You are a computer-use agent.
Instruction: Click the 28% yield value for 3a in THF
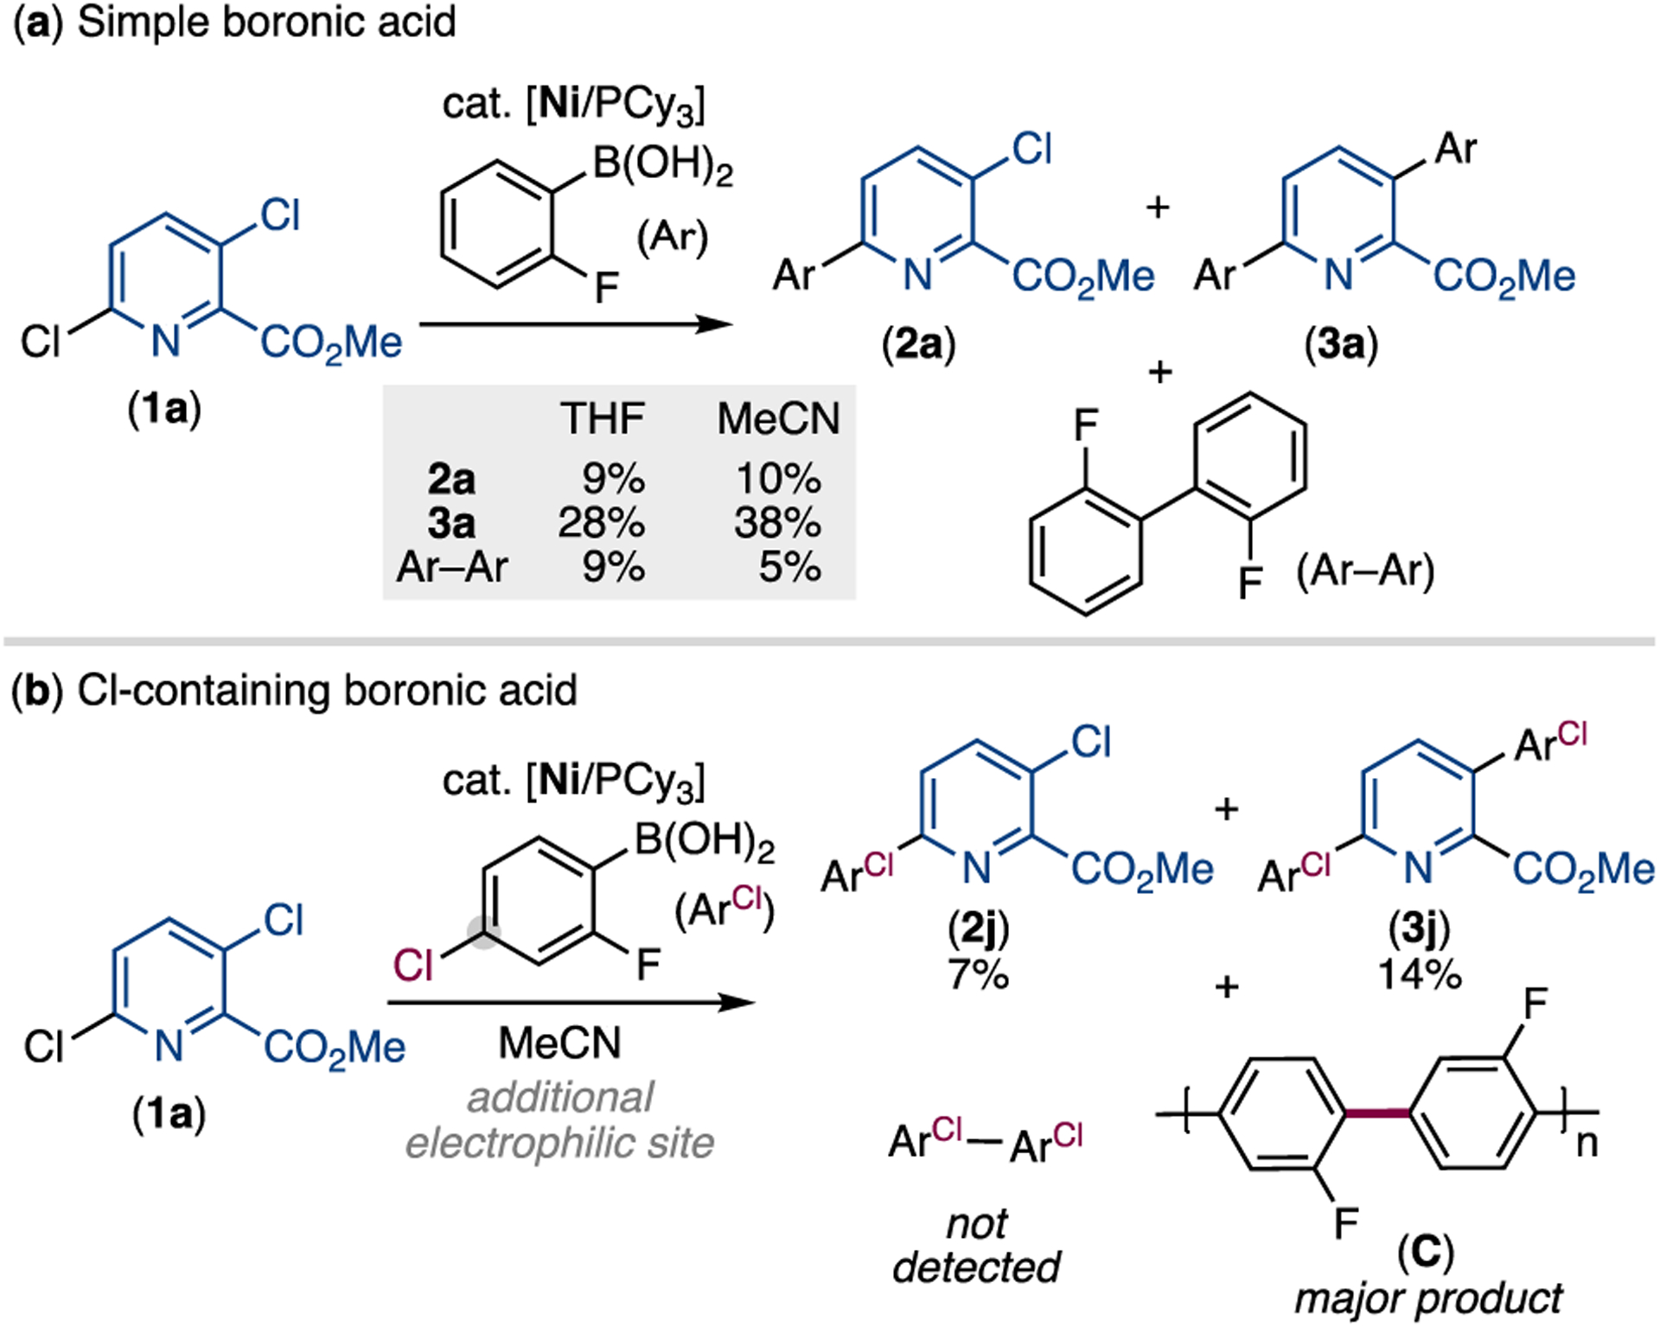tap(601, 523)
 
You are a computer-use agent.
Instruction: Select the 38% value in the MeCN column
tap(777, 523)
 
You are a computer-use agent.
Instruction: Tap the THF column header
tap(602, 419)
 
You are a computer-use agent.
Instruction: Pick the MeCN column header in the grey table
tap(778, 419)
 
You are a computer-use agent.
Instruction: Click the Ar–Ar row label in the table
tap(452, 568)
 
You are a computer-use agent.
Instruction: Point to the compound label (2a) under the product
tap(918, 345)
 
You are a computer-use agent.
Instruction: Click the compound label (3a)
tap(1341, 345)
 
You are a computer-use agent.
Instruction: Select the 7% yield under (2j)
tap(978, 974)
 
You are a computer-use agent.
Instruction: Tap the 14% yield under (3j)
tap(1420, 974)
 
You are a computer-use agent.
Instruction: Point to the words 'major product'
tap(1428, 1298)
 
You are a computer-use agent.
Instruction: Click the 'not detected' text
tap(977, 1246)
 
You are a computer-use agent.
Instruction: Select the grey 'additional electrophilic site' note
tap(560, 1120)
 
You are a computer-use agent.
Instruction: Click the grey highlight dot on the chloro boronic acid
tap(484, 932)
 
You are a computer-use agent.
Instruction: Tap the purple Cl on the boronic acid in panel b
tap(412, 965)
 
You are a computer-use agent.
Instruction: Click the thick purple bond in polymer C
tap(1377, 1113)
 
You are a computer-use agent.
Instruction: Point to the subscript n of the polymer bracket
tap(1587, 1143)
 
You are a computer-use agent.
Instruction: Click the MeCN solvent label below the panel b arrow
tap(560, 1043)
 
